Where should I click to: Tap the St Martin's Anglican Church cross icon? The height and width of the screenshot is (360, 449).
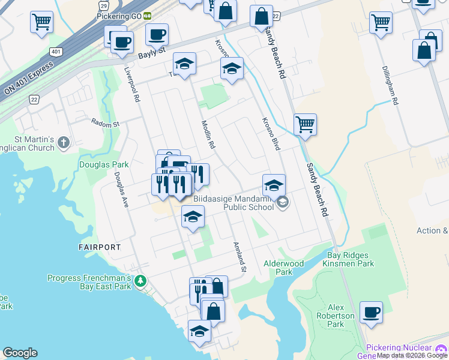pos(64,143)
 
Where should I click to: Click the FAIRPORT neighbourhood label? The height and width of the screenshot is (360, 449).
pos(100,247)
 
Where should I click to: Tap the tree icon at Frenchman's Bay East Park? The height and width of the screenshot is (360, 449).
pos(140,281)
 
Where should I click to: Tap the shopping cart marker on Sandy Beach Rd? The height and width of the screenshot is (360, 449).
pos(305,125)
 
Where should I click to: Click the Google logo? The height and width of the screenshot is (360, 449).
pos(20,353)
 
